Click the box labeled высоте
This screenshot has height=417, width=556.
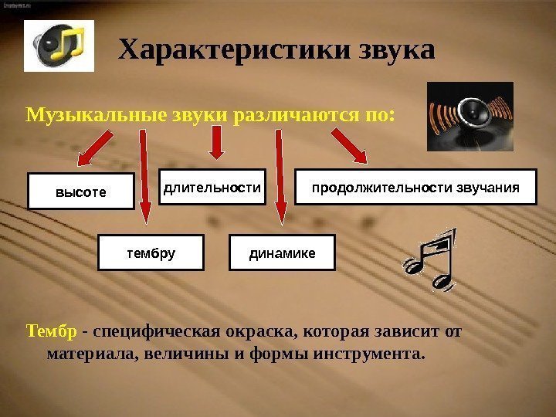tap(81, 191)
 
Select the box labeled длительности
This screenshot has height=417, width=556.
tap(212, 187)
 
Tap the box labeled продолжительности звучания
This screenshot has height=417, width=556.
tap(416, 187)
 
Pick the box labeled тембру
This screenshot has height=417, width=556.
tap(151, 253)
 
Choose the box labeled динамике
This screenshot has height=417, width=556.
tap(283, 253)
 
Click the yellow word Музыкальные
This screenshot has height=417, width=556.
tap(84, 117)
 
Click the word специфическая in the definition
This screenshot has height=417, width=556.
tap(152, 332)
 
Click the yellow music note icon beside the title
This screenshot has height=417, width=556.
tap(59, 46)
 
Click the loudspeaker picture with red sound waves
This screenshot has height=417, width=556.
tap(470, 117)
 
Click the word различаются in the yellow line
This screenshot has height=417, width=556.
tap(297, 117)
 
